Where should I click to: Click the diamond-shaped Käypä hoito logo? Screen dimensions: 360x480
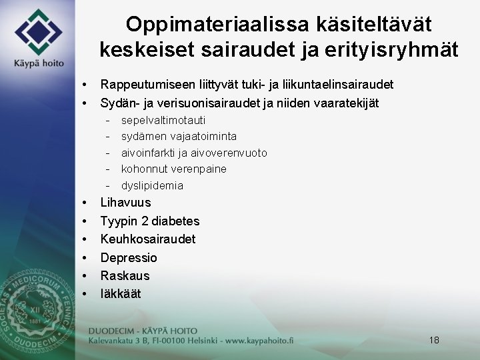pos(39,31)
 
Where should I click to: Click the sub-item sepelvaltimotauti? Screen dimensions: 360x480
pos(163,121)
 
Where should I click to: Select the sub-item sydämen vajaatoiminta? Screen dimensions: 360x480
pos(179,137)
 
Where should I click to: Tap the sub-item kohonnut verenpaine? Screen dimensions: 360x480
pos(174,169)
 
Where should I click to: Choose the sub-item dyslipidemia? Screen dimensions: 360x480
pos(152,185)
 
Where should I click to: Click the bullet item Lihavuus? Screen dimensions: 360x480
pos(125,203)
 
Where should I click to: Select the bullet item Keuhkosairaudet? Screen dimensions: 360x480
pos(148,239)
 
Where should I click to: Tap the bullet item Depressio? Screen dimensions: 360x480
pos(129,257)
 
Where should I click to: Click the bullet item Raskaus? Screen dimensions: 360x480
pos(125,275)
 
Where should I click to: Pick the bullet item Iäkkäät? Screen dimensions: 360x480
pos(121,293)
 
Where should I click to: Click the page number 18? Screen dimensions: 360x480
pos(434,340)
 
